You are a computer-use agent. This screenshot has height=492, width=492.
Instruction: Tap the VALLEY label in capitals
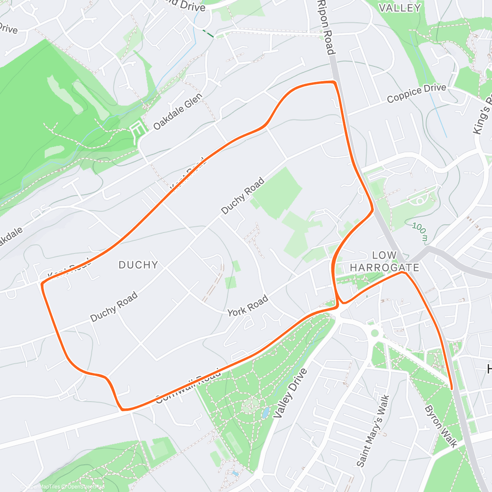pyautogui.click(x=399, y=8)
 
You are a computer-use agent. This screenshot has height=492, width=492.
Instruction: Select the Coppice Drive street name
pyautogui.click(x=416, y=93)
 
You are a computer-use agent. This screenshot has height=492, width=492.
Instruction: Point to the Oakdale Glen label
pyautogui.click(x=178, y=112)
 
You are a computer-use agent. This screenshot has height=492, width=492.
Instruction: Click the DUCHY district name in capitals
pyautogui.click(x=138, y=265)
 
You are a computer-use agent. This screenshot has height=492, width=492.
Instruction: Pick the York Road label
pyautogui.click(x=248, y=305)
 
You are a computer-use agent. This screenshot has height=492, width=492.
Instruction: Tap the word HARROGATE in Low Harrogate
pyautogui.click(x=384, y=268)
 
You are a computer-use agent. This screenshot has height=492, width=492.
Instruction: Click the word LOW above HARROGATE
pyautogui.click(x=384, y=255)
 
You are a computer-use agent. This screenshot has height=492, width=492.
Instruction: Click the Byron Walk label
pyautogui.click(x=441, y=426)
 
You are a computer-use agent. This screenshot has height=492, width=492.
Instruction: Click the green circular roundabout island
pyautogui.click(x=374, y=332)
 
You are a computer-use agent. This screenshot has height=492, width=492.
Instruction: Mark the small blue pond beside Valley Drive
pyautogui.click(x=265, y=412)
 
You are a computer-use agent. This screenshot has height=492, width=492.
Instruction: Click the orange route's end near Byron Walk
pyautogui.click(x=451, y=388)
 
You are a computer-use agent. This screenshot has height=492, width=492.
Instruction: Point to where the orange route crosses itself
pyautogui.click(x=337, y=305)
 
